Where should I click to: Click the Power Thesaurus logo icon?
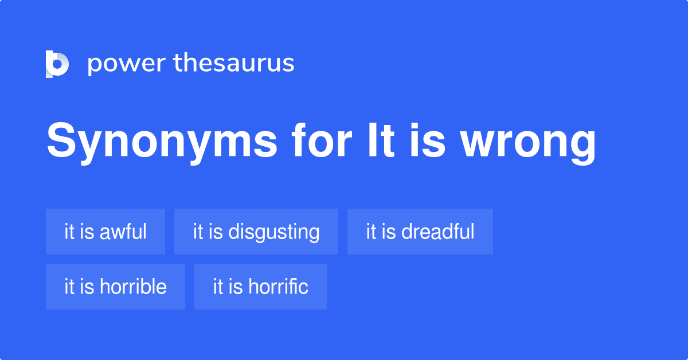[57, 64]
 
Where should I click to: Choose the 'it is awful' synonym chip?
[105, 232]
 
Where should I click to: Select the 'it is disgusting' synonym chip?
[256, 232]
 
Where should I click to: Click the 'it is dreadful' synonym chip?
[420, 232]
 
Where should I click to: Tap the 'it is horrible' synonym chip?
[115, 287]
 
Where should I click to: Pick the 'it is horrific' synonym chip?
[260, 287]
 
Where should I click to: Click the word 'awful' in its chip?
[123, 232]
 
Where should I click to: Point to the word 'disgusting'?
[274, 232]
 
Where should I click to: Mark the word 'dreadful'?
[438, 232]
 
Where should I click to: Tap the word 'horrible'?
[133, 287]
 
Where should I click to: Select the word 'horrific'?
[278, 287]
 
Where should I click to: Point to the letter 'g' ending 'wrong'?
[582, 146]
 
